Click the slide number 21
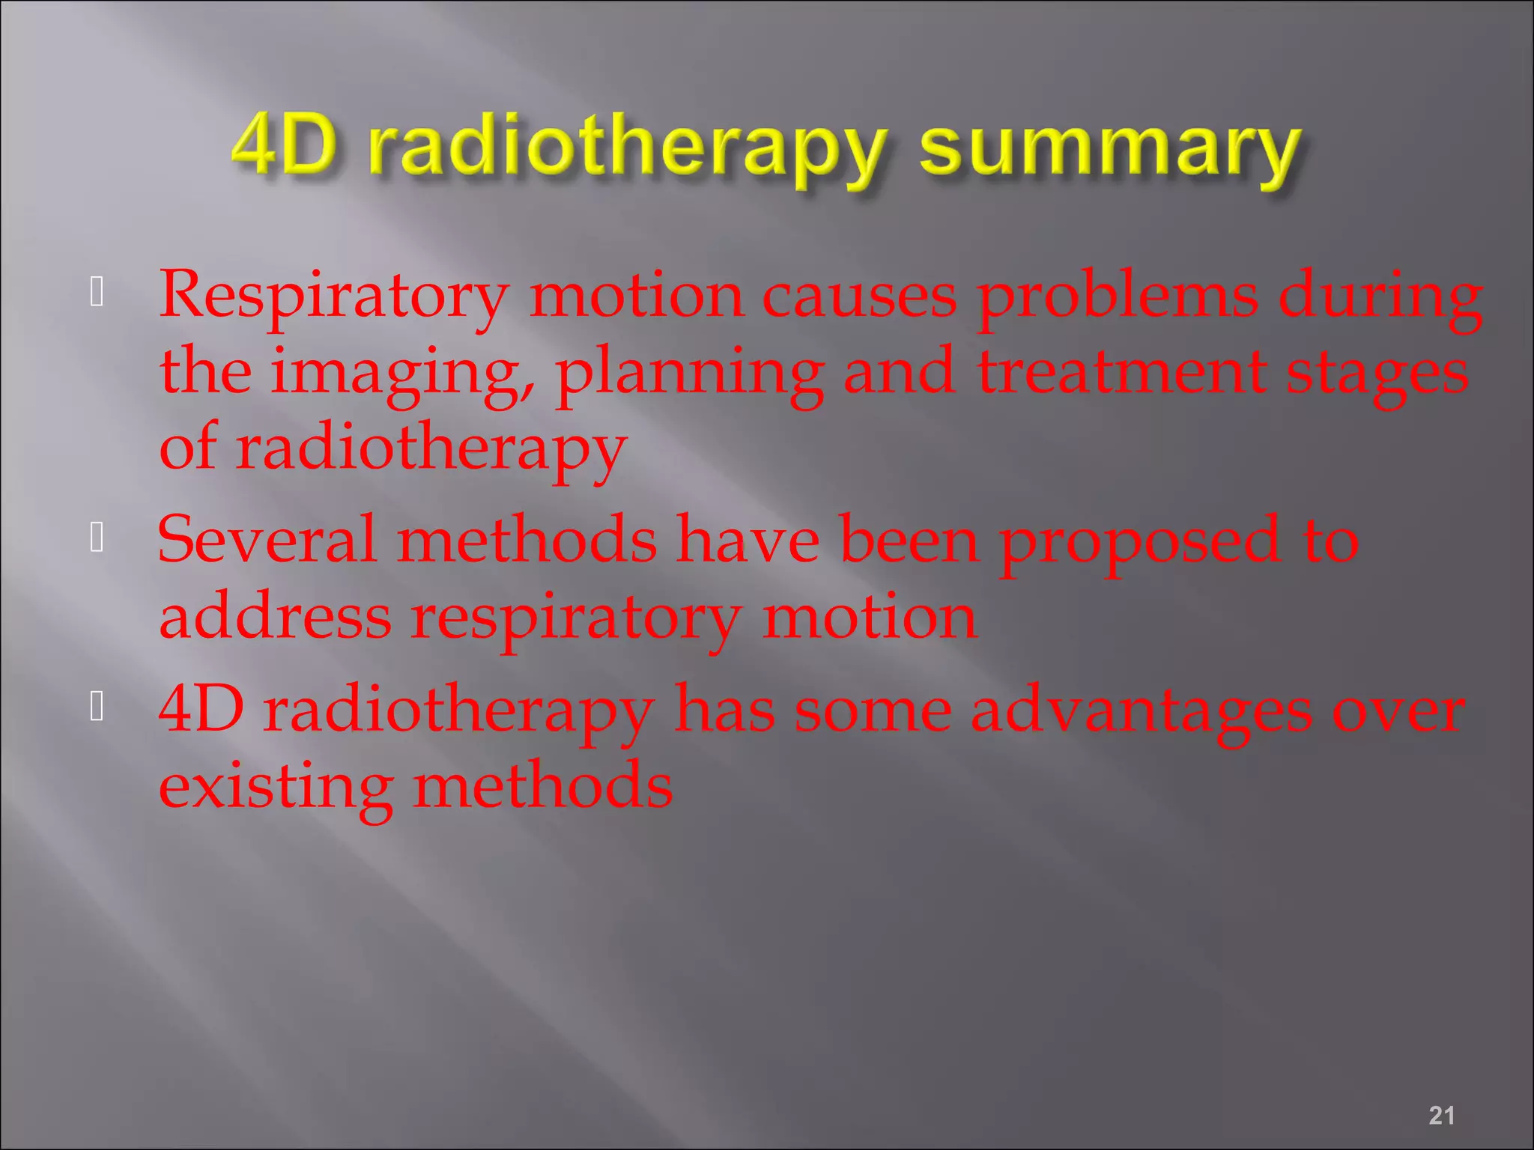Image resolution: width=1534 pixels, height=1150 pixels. coord(1441,1115)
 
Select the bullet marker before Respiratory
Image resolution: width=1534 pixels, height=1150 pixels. coord(97,292)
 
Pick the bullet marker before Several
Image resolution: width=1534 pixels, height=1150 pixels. coord(97,537)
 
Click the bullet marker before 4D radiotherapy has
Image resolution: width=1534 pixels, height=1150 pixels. coord(97,706)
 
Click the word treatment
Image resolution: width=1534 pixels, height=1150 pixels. coord(1121,372)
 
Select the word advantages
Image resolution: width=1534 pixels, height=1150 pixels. coord(1142,712)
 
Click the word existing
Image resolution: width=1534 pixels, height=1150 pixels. coord(276,788)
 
